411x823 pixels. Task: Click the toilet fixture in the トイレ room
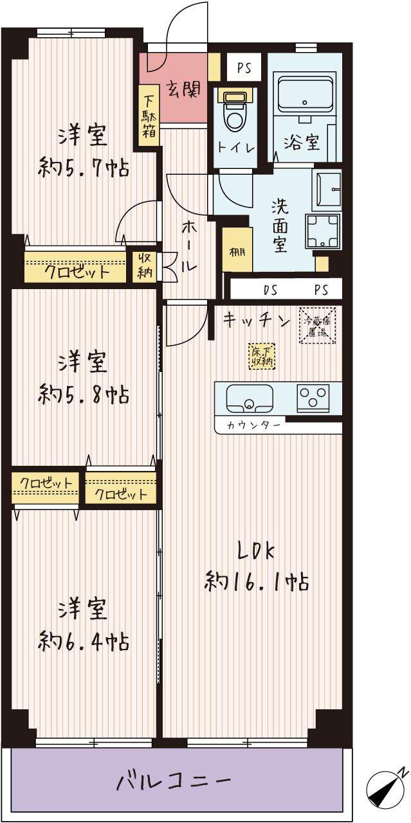coord(235,111)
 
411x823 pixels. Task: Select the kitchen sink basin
coord(250,398)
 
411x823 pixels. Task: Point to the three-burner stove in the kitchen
coord(313,398)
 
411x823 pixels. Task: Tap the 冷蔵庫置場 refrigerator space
coord(317,326)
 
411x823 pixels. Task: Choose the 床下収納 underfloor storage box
coord(262,357)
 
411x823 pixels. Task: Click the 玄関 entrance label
coord(183,89)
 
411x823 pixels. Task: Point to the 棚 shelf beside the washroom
coord(237,250)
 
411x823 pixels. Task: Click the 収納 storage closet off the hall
coord(145,267)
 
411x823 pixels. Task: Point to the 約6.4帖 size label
coord(84,641)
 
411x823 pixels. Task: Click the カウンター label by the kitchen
coord(254,425)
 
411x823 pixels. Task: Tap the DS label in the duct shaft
coord(270,290)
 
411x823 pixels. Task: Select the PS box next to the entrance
coord(244,67)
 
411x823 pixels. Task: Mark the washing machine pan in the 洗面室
coord(322,231)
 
